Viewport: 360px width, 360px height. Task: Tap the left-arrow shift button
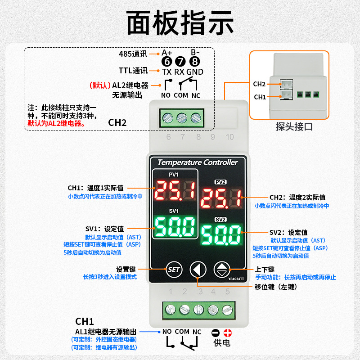point(198,270)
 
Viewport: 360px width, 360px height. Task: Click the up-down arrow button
point(221,270)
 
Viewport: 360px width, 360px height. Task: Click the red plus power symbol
point(228,333)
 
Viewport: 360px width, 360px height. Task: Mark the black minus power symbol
point(216,333)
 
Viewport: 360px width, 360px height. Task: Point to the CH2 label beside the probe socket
point(259,84)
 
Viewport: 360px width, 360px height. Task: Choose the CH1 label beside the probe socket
point(260,97)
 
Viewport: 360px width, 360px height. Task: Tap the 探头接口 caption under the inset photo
point(294,127)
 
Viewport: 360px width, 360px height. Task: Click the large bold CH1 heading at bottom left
point(84,321)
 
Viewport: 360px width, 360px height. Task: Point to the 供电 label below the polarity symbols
point(222,343)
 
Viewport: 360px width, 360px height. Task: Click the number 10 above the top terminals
point(229,137)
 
